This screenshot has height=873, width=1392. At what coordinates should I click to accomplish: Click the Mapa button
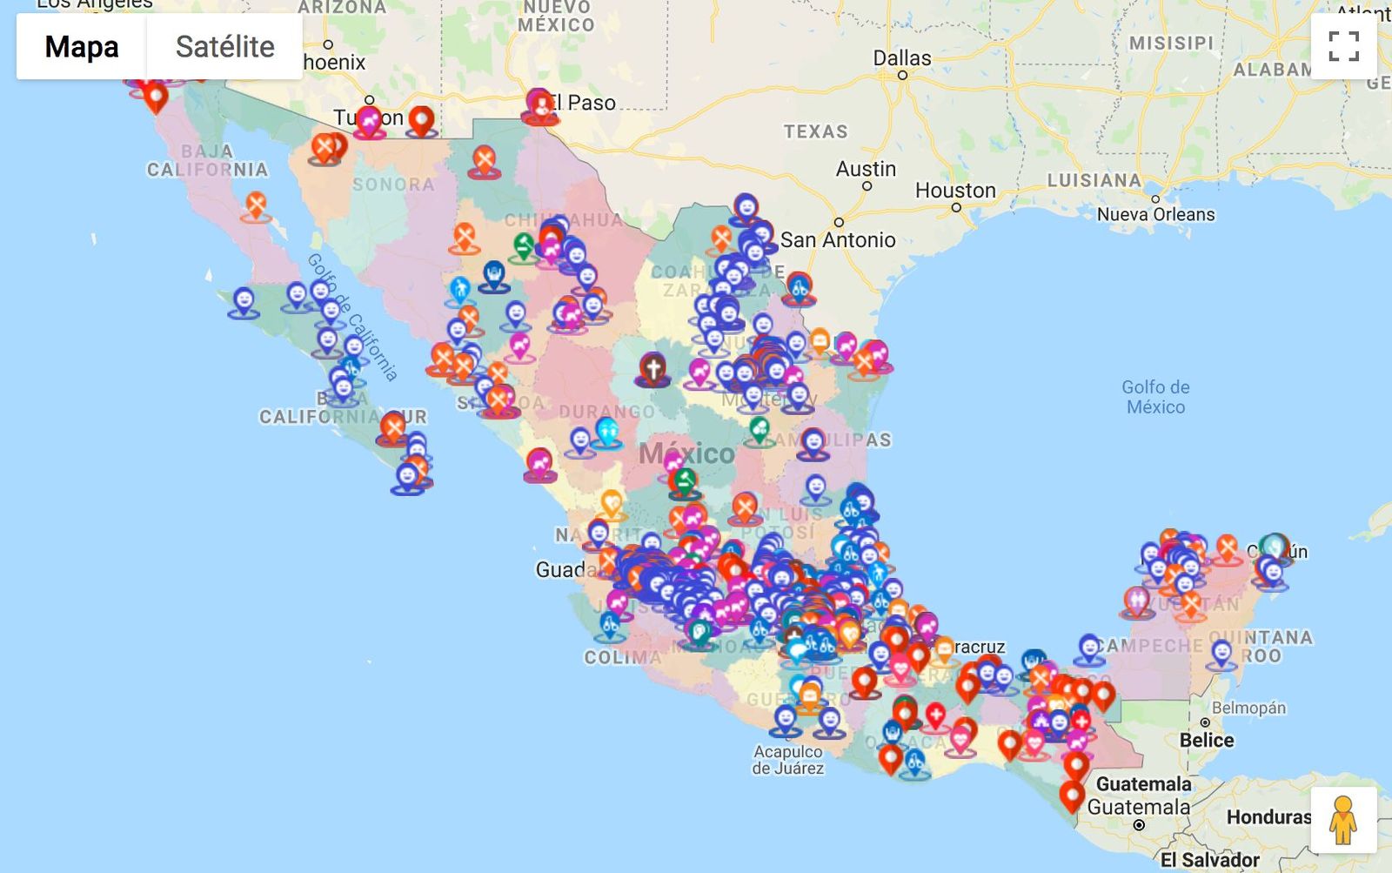tap(82, 47)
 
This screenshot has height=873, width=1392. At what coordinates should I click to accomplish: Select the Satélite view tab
tap(224, 47)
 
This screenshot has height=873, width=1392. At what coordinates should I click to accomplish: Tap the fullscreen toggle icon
tap(1343, 46)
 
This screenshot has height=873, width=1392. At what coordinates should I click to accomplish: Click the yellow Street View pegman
tap(1342, 820)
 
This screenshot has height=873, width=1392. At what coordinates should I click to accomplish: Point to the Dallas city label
tap(902, 58)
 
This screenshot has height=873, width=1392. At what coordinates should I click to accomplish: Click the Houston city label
tap(955, 191)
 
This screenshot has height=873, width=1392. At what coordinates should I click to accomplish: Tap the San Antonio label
tap(837, 240)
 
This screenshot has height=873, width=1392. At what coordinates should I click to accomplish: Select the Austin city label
tap(866, 169)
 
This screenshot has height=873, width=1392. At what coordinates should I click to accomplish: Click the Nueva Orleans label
tap(1155, 215)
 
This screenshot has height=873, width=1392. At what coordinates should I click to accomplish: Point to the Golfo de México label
tap(1155, 397)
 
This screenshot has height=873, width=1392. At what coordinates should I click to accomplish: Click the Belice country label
tap(1206, 741)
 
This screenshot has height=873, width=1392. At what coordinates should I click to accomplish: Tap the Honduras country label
tap(1268, 817)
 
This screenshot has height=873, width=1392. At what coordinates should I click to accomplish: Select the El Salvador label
tap(1209, 860)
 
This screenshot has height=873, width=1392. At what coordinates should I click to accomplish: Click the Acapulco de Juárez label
tap(787, 760)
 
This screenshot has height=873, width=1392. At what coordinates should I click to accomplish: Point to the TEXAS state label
tap(815, 132)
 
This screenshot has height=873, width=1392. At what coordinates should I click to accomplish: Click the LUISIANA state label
tap(1094, 181)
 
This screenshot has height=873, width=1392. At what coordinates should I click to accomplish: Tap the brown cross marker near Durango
tap(652, 368)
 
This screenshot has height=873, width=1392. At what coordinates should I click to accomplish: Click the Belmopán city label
tap(1248, 708)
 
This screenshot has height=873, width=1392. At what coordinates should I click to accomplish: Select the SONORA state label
tap(393, 185)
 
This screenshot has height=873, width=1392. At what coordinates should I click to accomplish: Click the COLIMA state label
tap(622, 658)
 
